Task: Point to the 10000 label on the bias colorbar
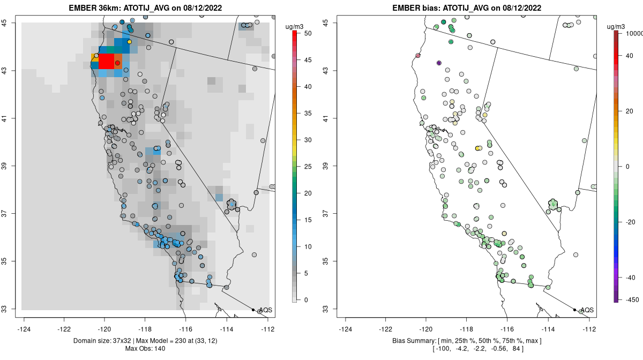coord(630,33)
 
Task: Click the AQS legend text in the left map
coord(265,310)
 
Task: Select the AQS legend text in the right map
coord(587,310)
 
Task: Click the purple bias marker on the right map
coord(439,63)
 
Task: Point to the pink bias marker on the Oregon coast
coord(418,56)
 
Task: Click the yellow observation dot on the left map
coord(129,42)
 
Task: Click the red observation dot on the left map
coord(117,63)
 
